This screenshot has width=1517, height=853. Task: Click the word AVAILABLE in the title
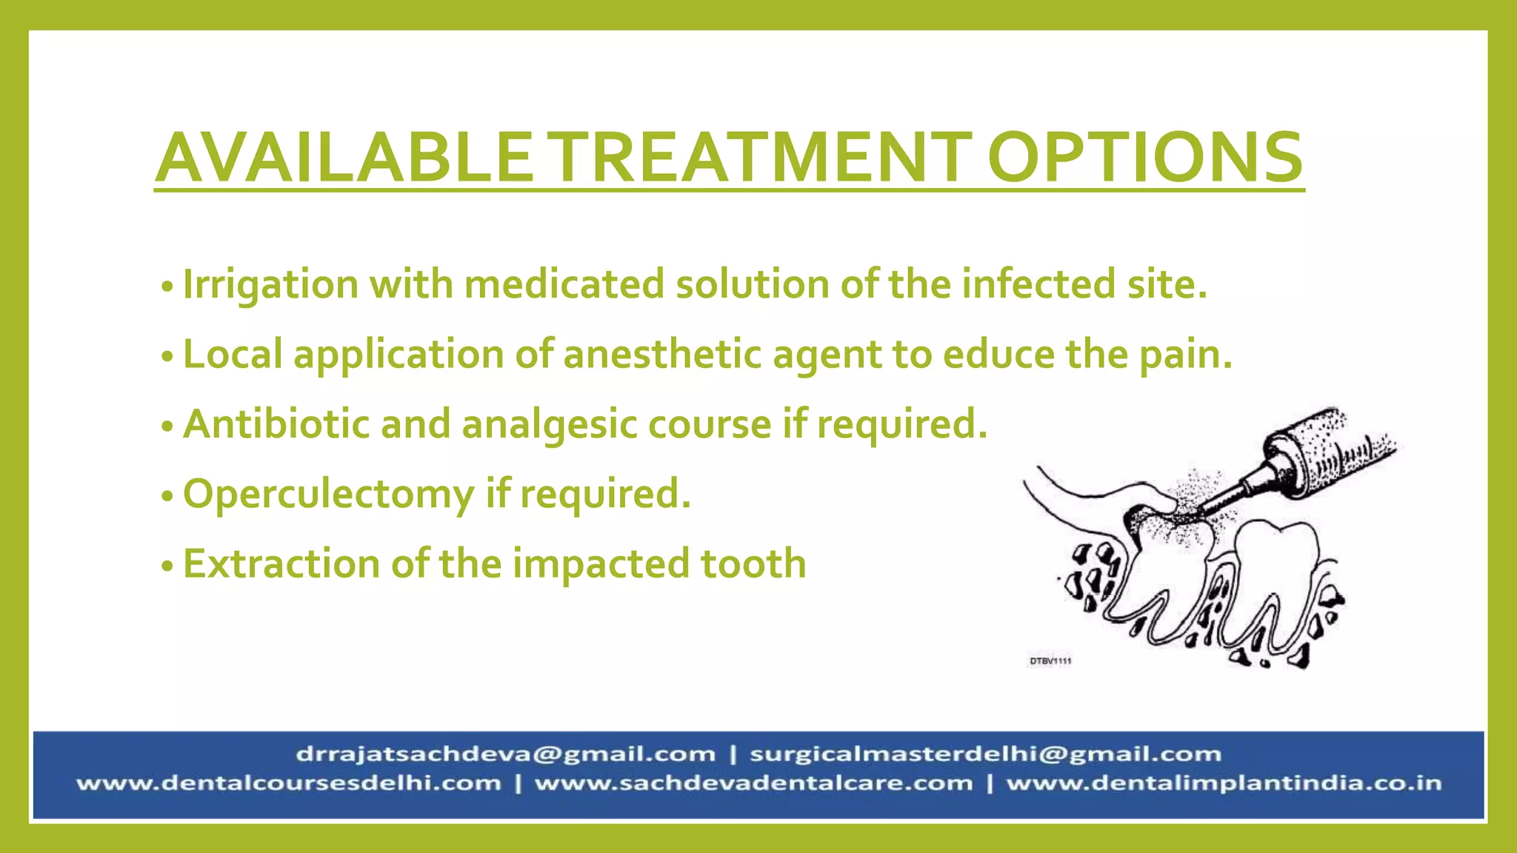click(344, 158)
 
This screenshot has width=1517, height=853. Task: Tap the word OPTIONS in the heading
click(1144, 158)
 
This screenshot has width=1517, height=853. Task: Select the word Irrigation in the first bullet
click(270, 285)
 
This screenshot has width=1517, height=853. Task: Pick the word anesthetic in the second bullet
click(662, 354)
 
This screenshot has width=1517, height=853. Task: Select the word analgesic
click(549, 425)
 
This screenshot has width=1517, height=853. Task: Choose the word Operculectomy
click(328, 495)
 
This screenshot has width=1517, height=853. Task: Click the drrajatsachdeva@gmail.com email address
click(506, 755)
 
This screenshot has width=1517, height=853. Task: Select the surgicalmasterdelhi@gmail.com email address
click(985, 755)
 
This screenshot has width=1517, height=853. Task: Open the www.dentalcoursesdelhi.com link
click(289, 783)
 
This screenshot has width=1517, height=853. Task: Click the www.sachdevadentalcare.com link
click(753, 783)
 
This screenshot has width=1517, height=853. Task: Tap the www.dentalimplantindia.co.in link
click(1224, 783)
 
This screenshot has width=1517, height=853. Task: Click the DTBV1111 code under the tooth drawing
click(1050, 660)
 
